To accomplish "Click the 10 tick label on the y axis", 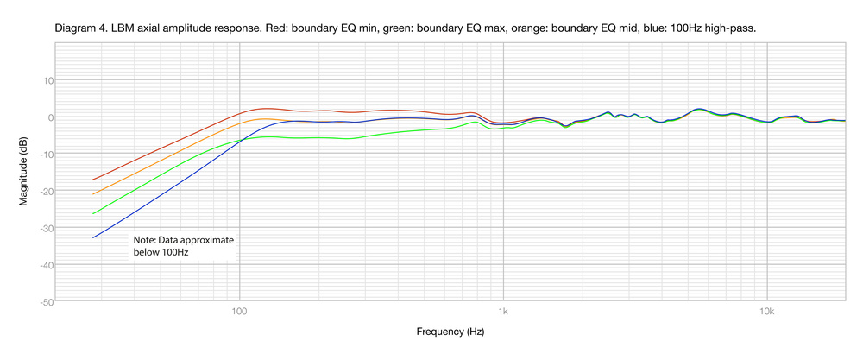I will coord(48,80).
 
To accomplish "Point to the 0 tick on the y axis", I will coord(51,117).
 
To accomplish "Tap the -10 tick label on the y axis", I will coord(47,155).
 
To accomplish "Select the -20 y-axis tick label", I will coord(47,192).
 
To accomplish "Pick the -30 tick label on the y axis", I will coord(47,229).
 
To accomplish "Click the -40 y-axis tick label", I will coord(47,266).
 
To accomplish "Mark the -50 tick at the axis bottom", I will coord(47,302).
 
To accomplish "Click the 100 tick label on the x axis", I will coord(239,312).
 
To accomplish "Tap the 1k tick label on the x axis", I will coord(503,312).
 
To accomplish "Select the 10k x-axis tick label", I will coord(767,312).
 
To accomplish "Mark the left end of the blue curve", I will coord(93,237).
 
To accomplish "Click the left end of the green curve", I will coord(93,213).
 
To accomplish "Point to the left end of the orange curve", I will coord(93,194).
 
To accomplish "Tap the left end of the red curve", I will coord(93,180).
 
